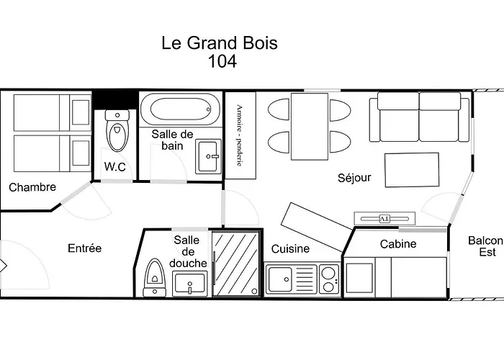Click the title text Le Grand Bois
[x=220, y=42]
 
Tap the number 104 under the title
[x=222, y=61]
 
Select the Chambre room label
[x=32, y=187]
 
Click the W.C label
[x=115, y=167]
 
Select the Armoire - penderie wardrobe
[x=240, y=135]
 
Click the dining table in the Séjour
[x=310, y=126]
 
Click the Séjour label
[x=354, y=177]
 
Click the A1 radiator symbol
[x=384, y=217]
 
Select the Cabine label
[x=398, y=244]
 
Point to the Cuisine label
[x=290, y=249]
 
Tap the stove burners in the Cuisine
[x=328, y=279]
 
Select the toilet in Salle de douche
[x=154, y=276]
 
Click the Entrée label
[x=85, y=248]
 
